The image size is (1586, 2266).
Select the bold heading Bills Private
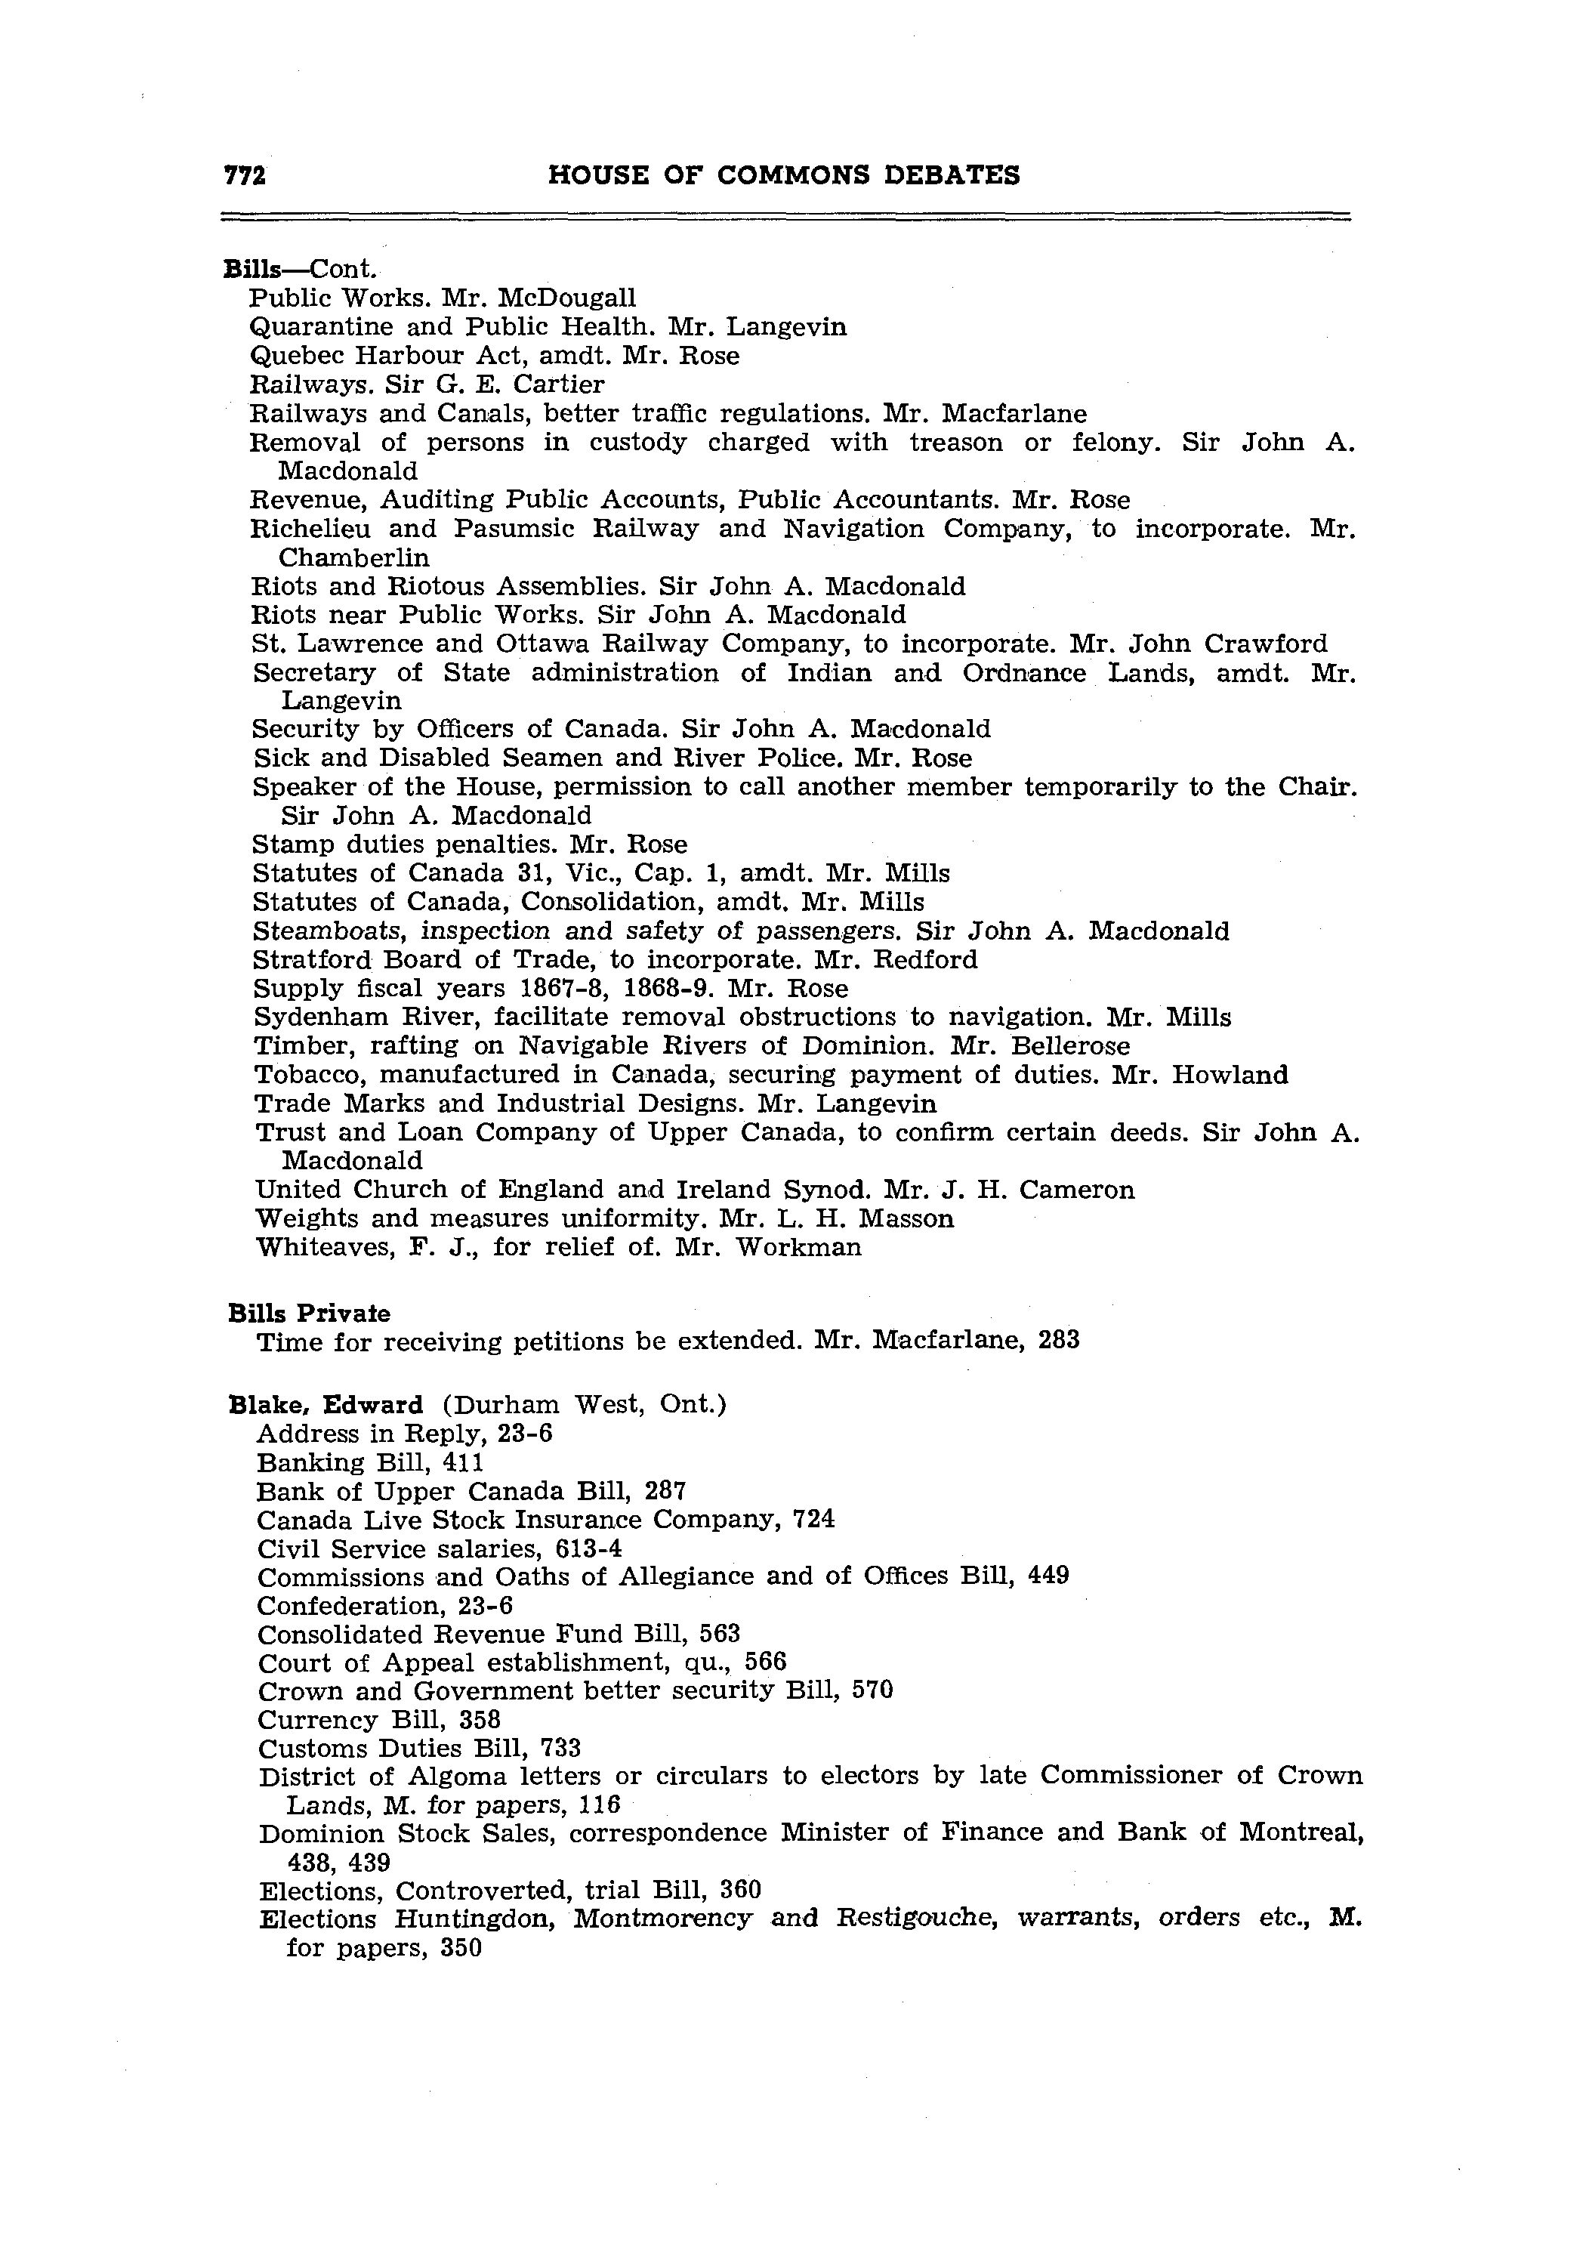tap(308, 1314)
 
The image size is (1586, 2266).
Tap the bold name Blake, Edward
tap(325, 1404)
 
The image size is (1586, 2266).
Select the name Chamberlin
tap(353, 557)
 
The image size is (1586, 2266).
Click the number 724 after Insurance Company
tap(813, 1519)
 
